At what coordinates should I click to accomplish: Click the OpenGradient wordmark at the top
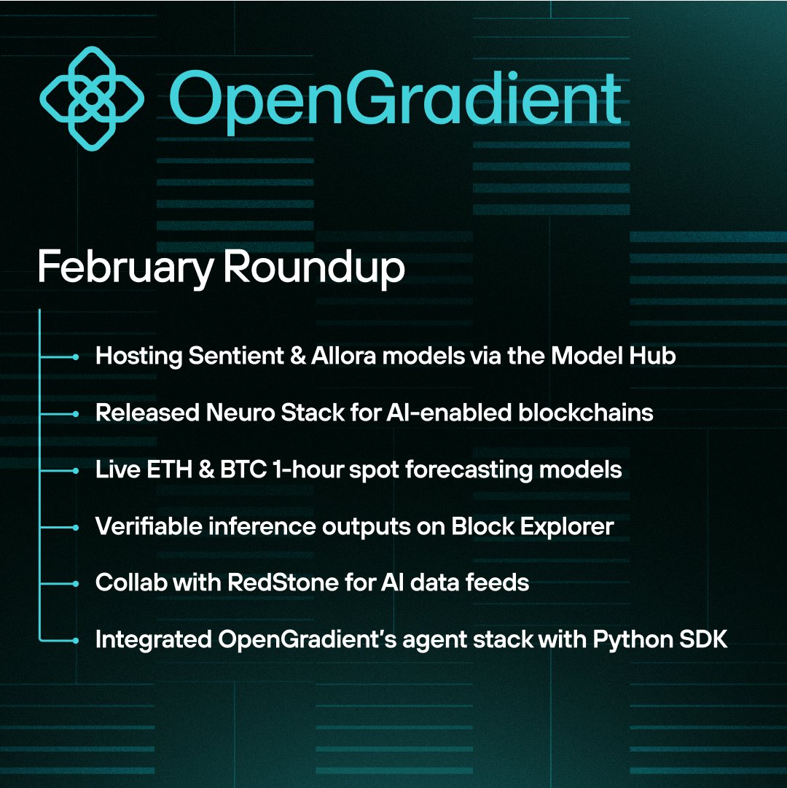click(396, 100)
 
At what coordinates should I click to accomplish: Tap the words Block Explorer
click(532, 526)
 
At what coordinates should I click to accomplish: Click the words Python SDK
click(659, 640)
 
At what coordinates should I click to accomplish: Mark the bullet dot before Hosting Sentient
click(75, 357)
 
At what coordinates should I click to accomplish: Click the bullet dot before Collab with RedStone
click(75, 584)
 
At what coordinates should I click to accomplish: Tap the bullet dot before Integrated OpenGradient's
click(75, 641)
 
